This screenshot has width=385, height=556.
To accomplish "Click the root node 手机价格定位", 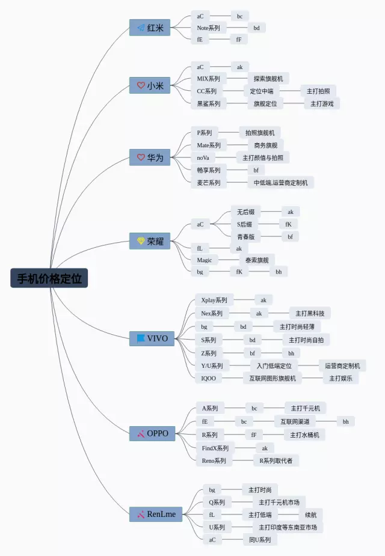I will pyautogui.click(x=49, y=278).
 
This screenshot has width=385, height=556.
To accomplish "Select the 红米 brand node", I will pyautogui.click(x=150, y=28).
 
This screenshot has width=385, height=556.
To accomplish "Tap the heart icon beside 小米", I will pyautogui.click(x=141, y=85).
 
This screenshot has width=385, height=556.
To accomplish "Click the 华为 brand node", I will pyautogui.click(x=150, y=157).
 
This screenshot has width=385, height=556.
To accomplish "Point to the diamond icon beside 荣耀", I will pyautogui.click(x=141, y=241).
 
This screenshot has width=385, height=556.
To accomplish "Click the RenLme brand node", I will pyautogui.click(x=155, y=514).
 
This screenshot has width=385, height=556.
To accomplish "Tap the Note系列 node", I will pyautogui.click(x=208, y=28).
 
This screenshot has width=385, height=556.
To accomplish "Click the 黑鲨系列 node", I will pyautogui.click(x=209, y=103).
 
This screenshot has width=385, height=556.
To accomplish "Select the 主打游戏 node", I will pyautogui.click(x=322, y=103).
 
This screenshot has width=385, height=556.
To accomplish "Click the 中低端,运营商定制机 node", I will pyautogui.click(x=280, y=183).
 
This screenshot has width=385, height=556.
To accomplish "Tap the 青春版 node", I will pyautogui.click(x=245, y=237).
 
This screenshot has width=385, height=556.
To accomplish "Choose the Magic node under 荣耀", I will pyautogui.click(x=205, y=260).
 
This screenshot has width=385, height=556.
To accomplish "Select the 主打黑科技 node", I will pyautogui.click(x=310, y=313).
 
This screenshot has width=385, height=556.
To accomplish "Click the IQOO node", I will pyautogui.click(x=209, y=378).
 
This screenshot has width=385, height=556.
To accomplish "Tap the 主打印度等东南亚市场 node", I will pyautogui.click(x=287, y=527).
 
